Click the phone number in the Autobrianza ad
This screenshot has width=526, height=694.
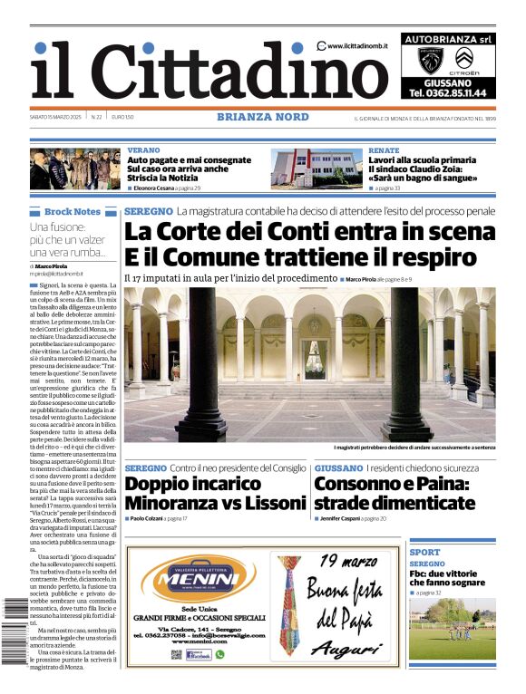point(447,92)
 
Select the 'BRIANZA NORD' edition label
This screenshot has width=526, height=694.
point(263,117)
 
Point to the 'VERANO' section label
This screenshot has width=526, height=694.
point(143,150)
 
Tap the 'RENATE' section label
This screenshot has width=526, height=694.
point(384,150)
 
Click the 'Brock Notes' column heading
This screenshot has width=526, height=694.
point(73,212)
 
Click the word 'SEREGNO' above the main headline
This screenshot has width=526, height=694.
point(148,211)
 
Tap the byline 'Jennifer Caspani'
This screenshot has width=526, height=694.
point(343,518)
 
